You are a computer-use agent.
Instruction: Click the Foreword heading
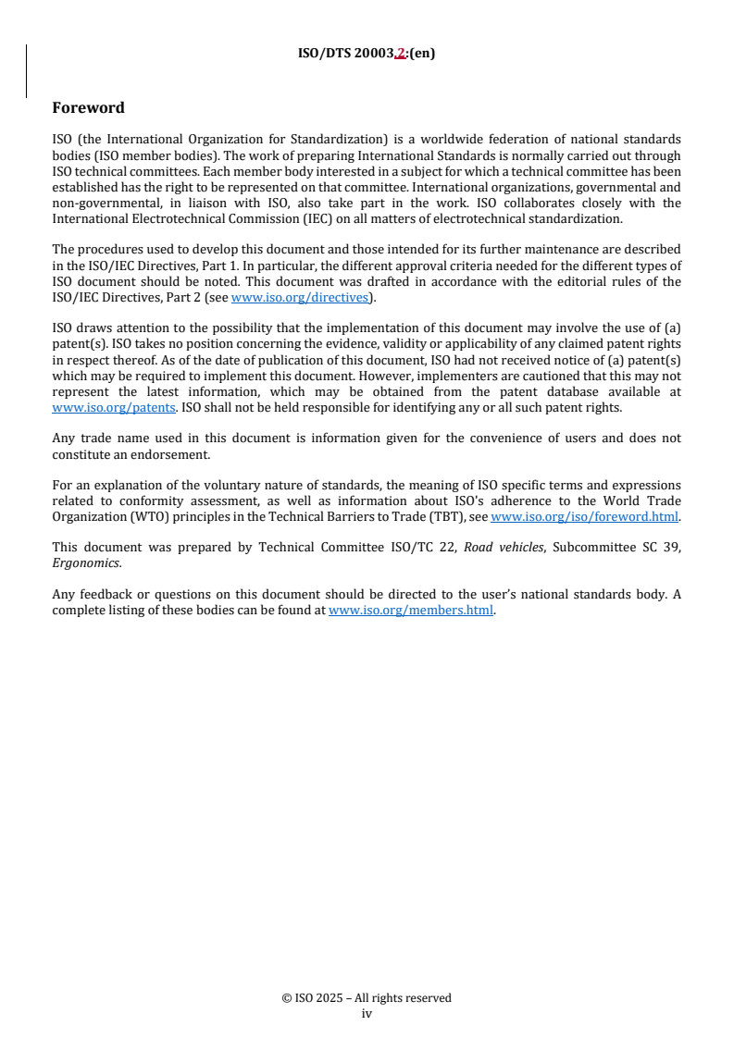(88, 108)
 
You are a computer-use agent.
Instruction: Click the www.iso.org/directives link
(299, 297)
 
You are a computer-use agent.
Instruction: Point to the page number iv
(367, 1013)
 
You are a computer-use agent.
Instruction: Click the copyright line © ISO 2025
(367, 998)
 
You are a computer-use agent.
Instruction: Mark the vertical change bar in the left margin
(26, 70)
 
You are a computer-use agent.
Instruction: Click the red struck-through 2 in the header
(400, 54)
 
